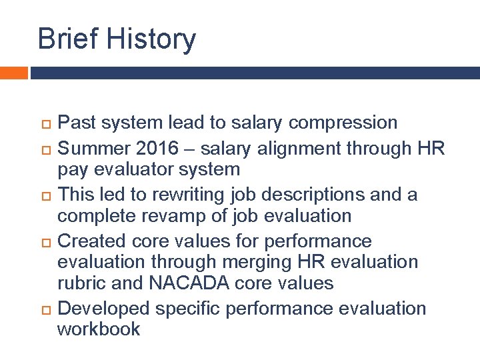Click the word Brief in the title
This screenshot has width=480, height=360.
click(63, 39)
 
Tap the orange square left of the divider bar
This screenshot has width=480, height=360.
click(13, 73)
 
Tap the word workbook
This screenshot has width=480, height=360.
click(99, 329)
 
